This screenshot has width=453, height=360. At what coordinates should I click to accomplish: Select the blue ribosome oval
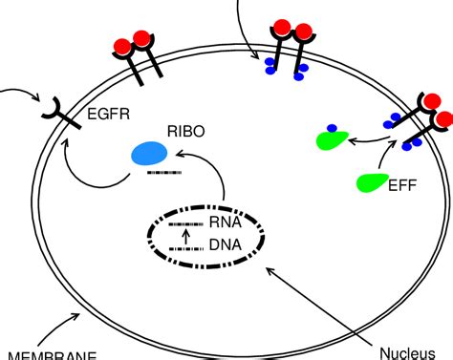coord(148,154)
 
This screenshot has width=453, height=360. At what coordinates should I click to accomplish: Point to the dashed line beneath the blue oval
coord(150,174)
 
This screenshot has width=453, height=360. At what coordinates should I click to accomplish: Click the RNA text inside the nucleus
coord(225,224)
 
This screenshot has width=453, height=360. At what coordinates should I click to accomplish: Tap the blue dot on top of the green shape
coord(332,129)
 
